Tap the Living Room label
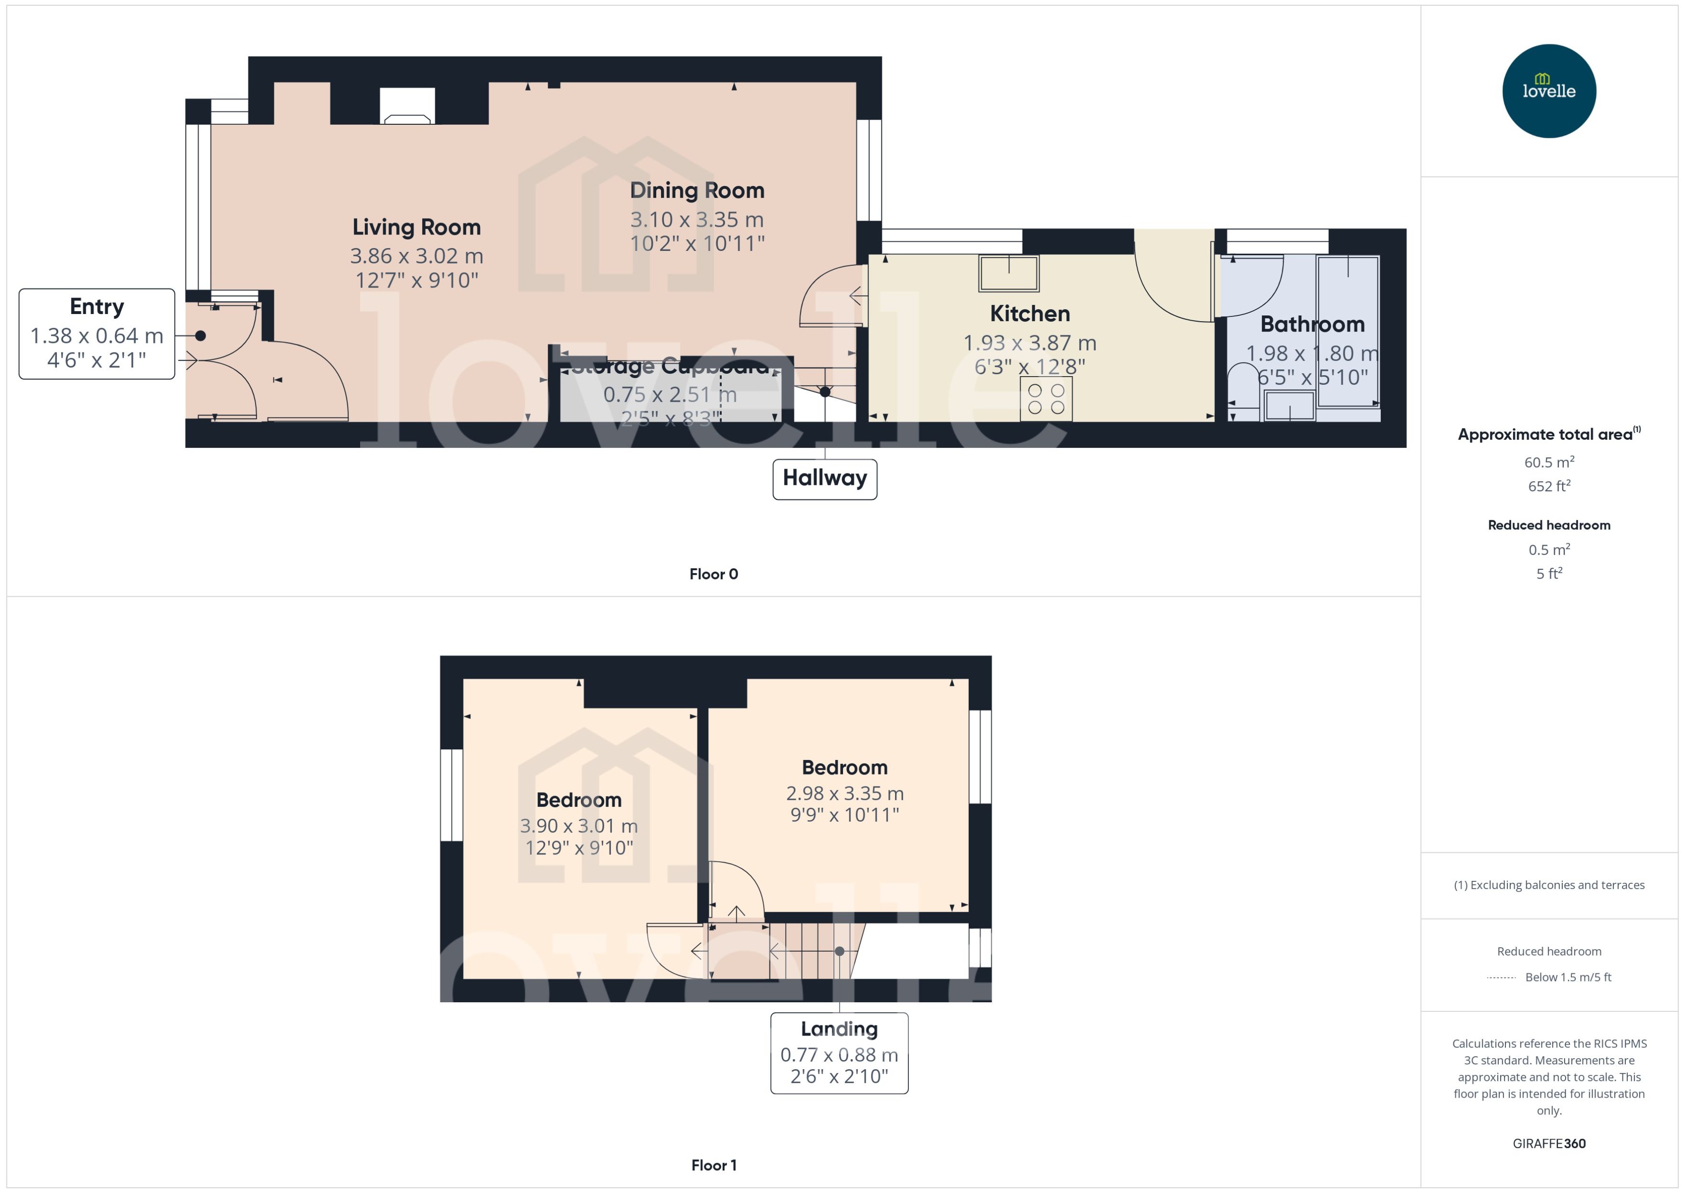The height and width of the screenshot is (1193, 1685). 416,227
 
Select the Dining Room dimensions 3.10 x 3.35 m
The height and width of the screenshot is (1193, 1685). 697,220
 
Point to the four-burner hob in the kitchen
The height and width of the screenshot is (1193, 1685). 1046,399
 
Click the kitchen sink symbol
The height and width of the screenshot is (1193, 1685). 1008,273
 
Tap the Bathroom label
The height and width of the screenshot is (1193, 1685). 1312,324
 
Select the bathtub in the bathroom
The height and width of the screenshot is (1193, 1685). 1348,330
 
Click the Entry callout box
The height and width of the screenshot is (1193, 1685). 97,334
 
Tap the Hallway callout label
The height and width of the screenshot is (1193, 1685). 825,478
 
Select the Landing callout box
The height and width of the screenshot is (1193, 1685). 839,1053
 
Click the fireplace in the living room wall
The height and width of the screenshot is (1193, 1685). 407,106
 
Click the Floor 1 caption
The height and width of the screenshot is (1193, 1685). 713,1165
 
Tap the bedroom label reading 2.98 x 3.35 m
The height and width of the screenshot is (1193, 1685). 844,793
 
